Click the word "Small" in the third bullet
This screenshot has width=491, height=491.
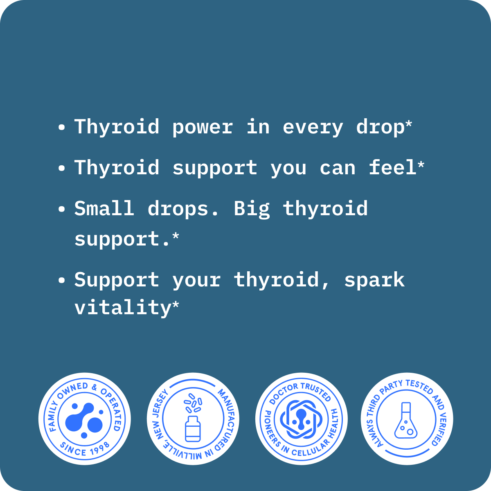pyautogui.click(x=104, y=209)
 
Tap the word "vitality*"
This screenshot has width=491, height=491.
pyautogui.click(x=126, y=308)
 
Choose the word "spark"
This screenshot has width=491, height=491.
pyautogui.click(x=374, y=280)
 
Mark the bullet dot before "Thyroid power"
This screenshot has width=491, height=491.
pyautogui.click(x=62, y=127)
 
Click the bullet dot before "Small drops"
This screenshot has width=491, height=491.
pyautogui.click(x=62, y=209)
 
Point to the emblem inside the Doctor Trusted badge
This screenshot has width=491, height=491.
pyautogui.click(x=301, y=419)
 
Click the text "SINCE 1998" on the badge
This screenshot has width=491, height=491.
pyautogui.click(x=85, y=448)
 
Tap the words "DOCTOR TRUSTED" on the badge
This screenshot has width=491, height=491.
pyautogui.click(x=300, y=390)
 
